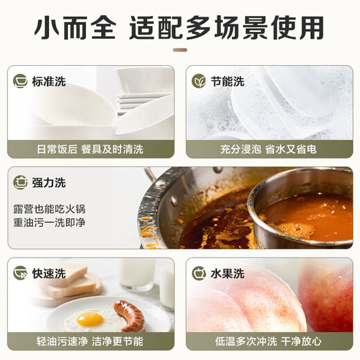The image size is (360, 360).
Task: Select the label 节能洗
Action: (228, 81)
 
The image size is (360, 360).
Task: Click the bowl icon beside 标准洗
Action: (21, 81)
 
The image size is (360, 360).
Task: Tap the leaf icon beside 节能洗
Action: (199, 81)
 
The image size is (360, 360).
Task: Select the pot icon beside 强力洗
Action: (21, 183)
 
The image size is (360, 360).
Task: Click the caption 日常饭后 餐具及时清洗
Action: (90, 147)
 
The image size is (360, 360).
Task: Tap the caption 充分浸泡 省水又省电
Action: (269, 147)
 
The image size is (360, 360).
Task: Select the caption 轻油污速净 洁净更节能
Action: (90, 341)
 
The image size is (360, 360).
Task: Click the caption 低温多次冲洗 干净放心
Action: (269, 341)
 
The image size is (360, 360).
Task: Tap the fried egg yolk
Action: (90, 318)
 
